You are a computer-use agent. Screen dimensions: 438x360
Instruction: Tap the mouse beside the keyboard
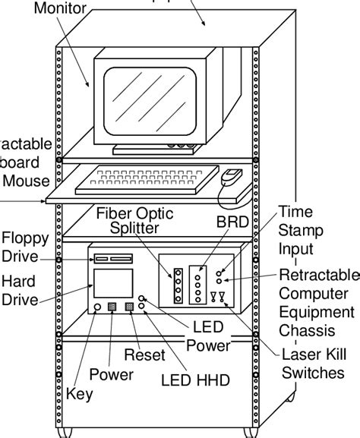click(231, 178)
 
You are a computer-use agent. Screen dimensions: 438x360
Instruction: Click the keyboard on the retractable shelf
click(147, 180)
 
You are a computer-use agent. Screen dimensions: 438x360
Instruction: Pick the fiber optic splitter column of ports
click(178, 285)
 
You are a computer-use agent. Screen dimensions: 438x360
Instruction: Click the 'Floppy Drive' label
click(25, 247)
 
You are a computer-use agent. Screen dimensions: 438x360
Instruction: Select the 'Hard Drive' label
click(19, 291)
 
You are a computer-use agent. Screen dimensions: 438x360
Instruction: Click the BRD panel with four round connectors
click(199, 283)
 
